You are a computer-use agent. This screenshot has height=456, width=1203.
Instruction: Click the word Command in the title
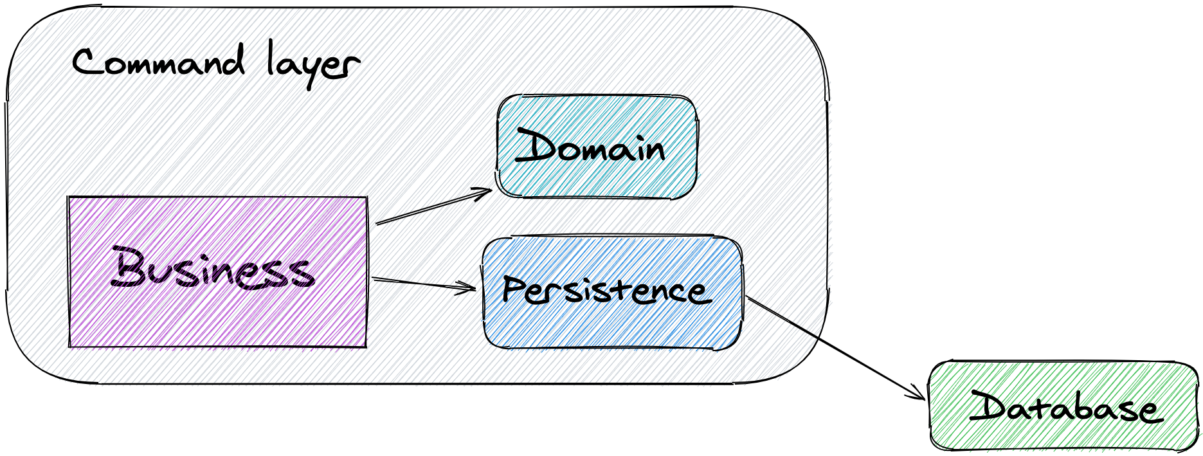(158, 63)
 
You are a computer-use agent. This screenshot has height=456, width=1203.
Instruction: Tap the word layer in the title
(312, 64)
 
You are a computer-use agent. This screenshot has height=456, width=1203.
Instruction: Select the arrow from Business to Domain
(431, 208)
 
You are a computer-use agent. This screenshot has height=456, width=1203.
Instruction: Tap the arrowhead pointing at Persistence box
(466, 287)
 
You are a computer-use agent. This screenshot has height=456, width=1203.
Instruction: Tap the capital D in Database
(989, 406)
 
